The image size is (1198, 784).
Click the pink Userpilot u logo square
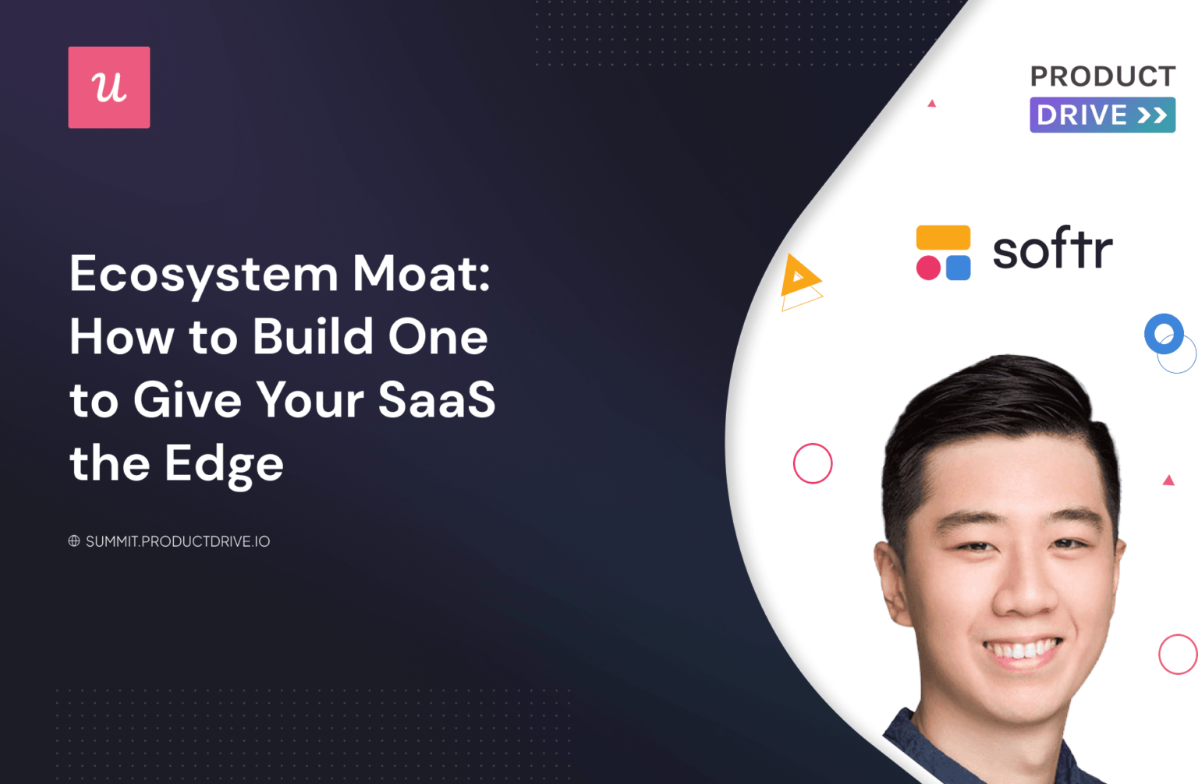pyautogui.click(x=109, y=87)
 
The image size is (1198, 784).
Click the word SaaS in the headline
pyautogui.click(x=437, y=400)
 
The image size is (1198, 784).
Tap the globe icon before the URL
pyautogui.click(x=74, y=541)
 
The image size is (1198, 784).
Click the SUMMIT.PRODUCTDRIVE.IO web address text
pyautogui.click(x=178, y=541)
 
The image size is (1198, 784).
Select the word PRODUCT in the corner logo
pyautogui.click(x=1102, y=76)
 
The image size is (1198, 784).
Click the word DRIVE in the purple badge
pyautogui.click(x=1081, y=115)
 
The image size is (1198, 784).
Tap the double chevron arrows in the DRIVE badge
pyautogui.click(x=1152, y=115)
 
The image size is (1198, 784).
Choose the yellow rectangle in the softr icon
pyautogui.click(x=943, y=237)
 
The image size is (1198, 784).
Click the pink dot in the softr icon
pyautogui.click(x=928, y=268)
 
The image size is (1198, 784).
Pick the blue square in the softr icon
pyautogui.click(x=959, y=268)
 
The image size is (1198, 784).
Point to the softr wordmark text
pyautogui.click(x=1052, y=250)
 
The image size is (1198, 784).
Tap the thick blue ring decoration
pyautogui.click(x=1164, y=333)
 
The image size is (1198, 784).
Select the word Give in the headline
pyautogui.click(x=187, y=401)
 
